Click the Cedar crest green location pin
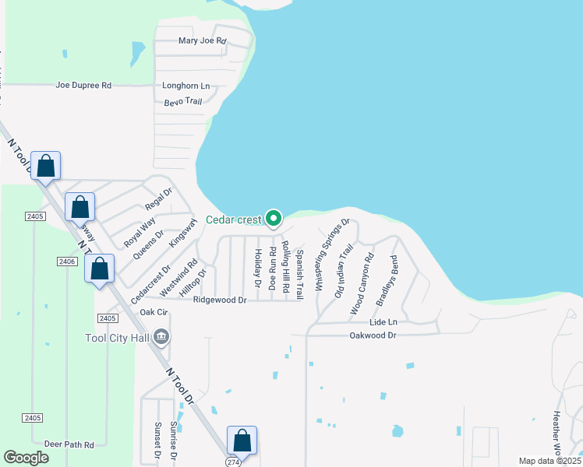[273, 219]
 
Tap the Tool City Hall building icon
[162, 337]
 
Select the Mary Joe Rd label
[202, 40]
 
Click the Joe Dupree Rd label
[83, 85]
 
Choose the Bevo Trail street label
[183, 102]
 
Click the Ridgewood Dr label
[220, 300]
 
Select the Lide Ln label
[383, 321]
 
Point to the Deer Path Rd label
[69, 444]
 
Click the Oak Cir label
[154, 312]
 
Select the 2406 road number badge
[66, 262]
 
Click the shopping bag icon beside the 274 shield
[242, 441]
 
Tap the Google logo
[26, 458]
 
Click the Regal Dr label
[157, 201]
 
